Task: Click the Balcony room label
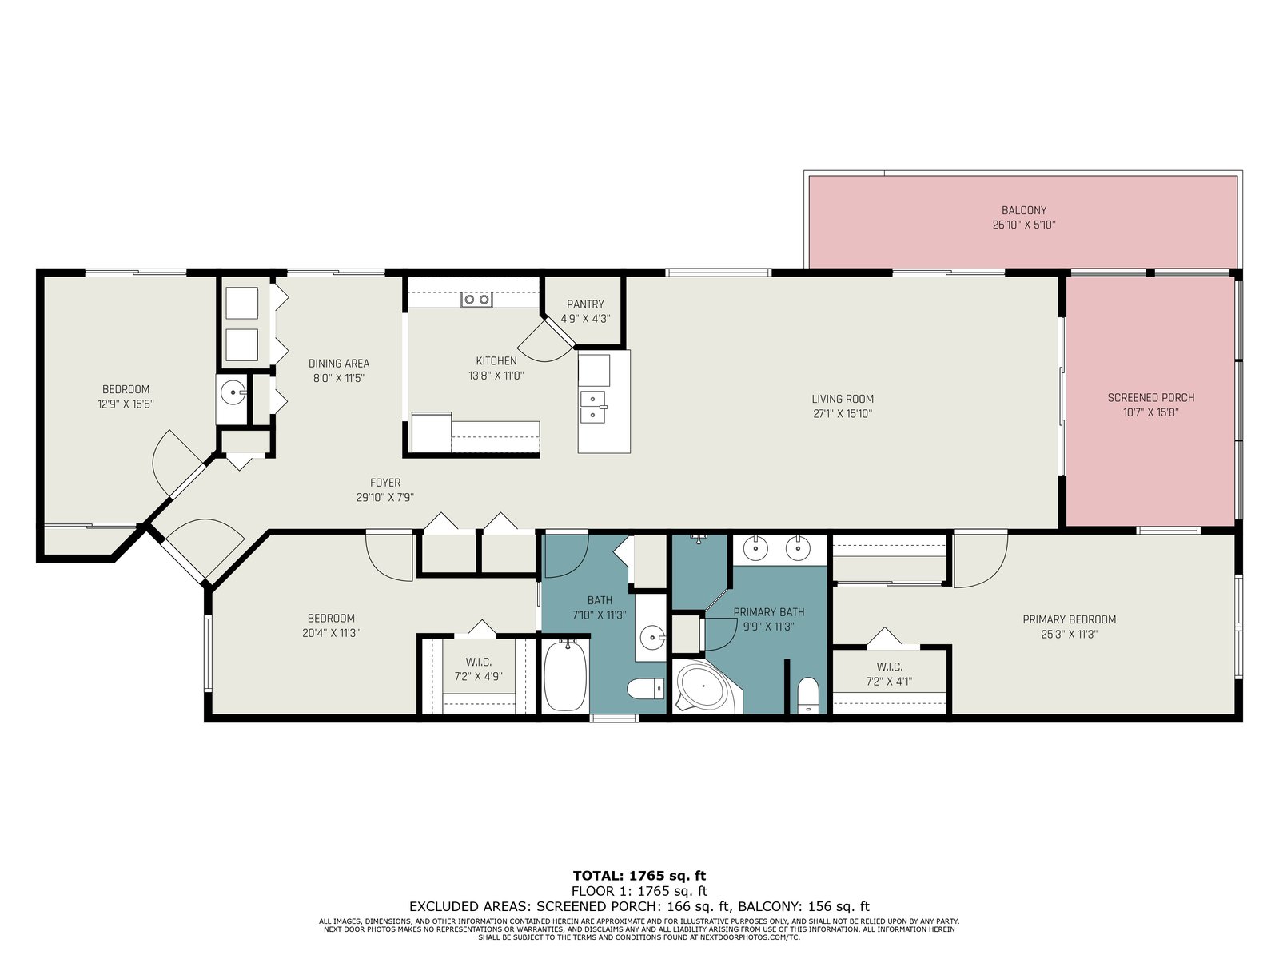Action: (1024, 210)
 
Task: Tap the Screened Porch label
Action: (1151, 398)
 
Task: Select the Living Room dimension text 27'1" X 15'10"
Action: (843, 414)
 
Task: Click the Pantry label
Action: (585, 304)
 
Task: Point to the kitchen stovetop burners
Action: (476, 299)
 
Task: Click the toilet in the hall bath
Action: (646, 690)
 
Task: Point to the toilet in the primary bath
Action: (807, 695)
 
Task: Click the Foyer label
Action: (385, 483)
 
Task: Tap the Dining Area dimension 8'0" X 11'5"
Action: (339, 378)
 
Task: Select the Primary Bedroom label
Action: (1070, 619)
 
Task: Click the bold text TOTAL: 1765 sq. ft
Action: (639, 876)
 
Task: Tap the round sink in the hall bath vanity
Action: (652, 639)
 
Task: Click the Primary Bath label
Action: (768, 612)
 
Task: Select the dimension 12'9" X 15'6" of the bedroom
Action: (126, 404)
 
